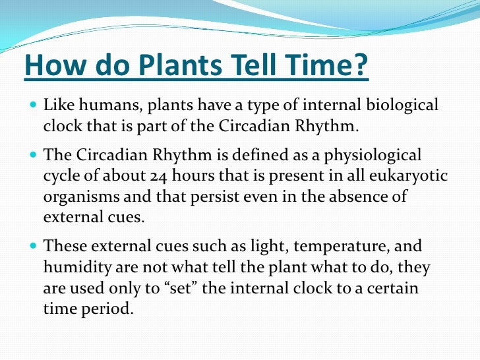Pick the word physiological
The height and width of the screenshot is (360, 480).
pyautogui.click(x=378, y=156)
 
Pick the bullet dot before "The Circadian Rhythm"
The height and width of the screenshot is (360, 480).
pyautogui.click(x=34, y=156)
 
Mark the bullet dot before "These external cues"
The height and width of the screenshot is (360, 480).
pyautogui.click(x=34, y=247)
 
